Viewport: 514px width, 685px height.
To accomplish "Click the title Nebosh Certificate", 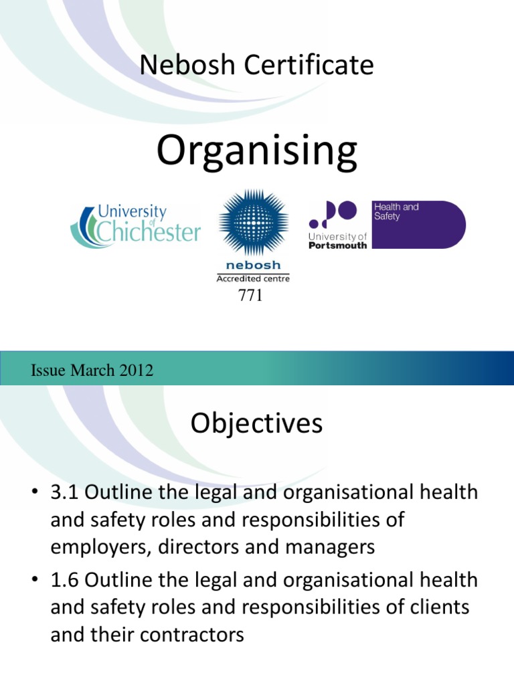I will click(256, 65).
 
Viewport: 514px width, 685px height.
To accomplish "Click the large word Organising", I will click(257, 151).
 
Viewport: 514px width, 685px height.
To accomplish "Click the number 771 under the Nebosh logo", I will click(250, 295).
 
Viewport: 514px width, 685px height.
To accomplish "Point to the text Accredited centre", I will click(253, 278).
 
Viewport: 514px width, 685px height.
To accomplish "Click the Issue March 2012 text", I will click(92, 370).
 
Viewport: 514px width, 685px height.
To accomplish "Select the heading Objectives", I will click(256, 423).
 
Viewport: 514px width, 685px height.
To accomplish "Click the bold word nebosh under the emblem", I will click(253, 266).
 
